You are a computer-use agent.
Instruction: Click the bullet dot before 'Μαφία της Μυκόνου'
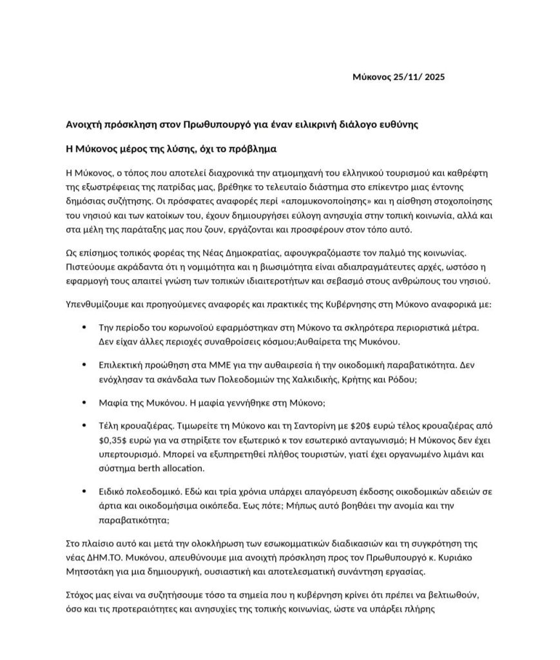[84, 402]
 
